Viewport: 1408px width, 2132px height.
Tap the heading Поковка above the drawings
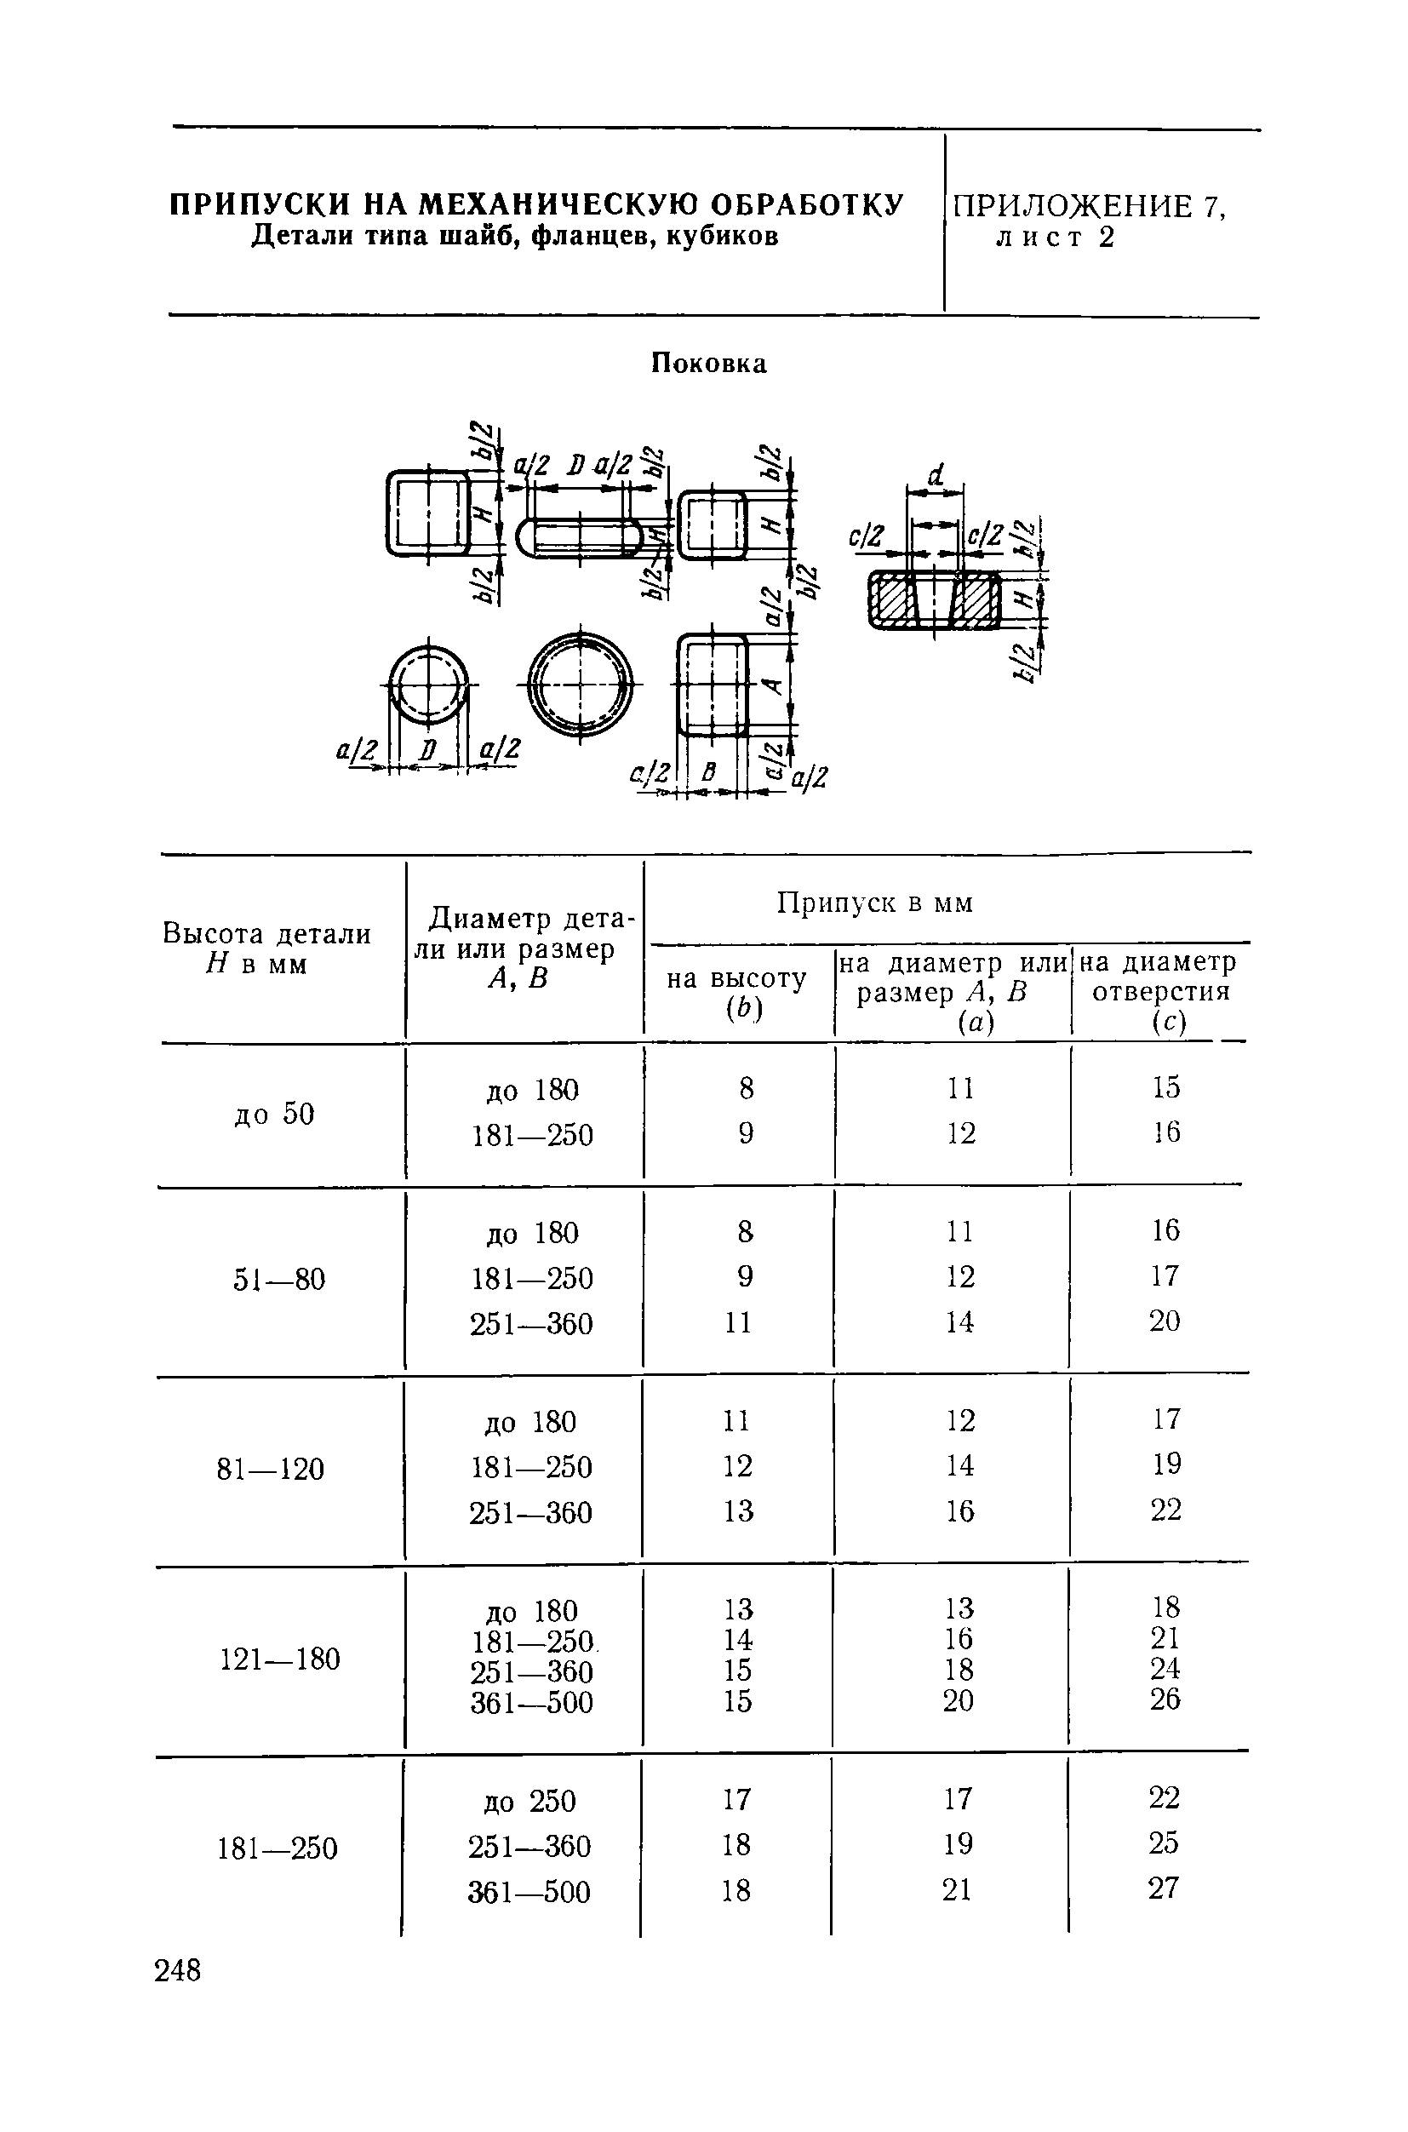[x=708, y=364]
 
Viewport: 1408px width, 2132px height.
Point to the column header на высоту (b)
[x=737, y=994]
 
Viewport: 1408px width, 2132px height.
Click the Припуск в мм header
[x=874, y=903]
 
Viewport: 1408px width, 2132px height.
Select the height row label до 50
[x=274, y=1114]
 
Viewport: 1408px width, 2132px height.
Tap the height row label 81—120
[x=271, y=1470]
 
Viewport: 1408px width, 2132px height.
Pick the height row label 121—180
[x=280, y=1659]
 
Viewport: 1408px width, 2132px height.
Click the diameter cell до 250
[x=529, y=1802]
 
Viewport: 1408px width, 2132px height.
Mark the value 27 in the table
[x=1163, y=1888]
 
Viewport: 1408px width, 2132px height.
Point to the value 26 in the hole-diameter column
[x=1165, y=1699]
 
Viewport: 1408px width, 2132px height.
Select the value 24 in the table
[x=1165, y=1669]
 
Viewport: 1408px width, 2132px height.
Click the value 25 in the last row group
[x=1163, y=1843]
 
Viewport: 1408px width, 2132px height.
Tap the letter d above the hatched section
[x=936, y=474]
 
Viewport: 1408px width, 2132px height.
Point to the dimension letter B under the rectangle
[x=709, y=771]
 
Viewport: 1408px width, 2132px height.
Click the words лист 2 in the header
[x=1055, y=238]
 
